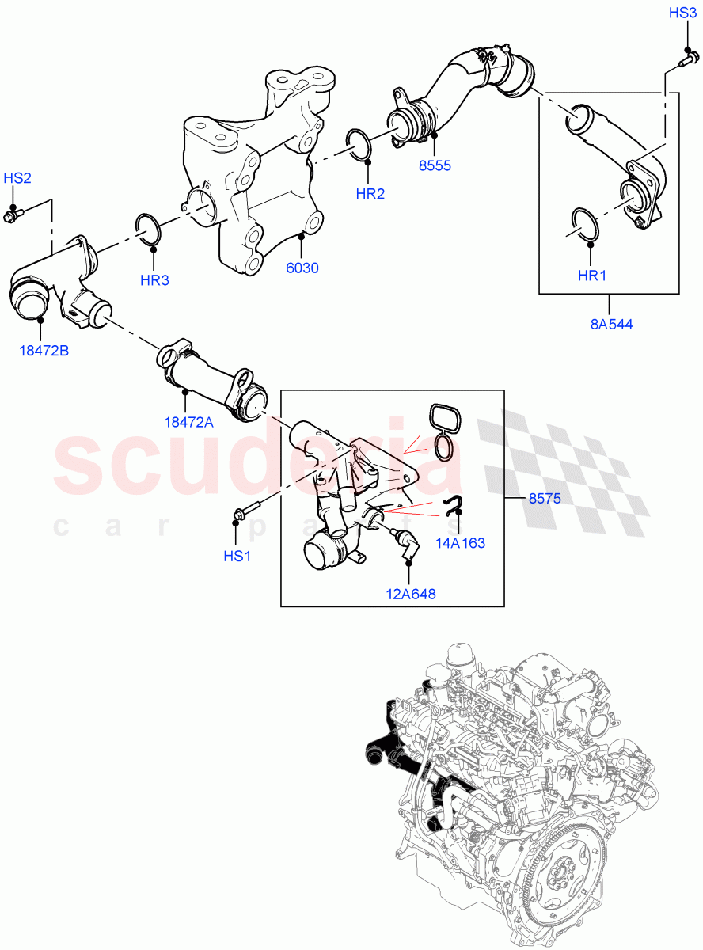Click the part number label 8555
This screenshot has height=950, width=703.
(435, 166)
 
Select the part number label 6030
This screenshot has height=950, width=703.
(302, 268)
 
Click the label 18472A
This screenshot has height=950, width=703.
(188, 422)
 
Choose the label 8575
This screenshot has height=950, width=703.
(545, 499)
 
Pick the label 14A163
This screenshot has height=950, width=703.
(459, 543)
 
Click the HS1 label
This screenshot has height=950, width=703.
(237, 557)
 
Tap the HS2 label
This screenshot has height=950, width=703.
(17, 178)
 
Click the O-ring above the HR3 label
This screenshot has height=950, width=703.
(150, 227)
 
